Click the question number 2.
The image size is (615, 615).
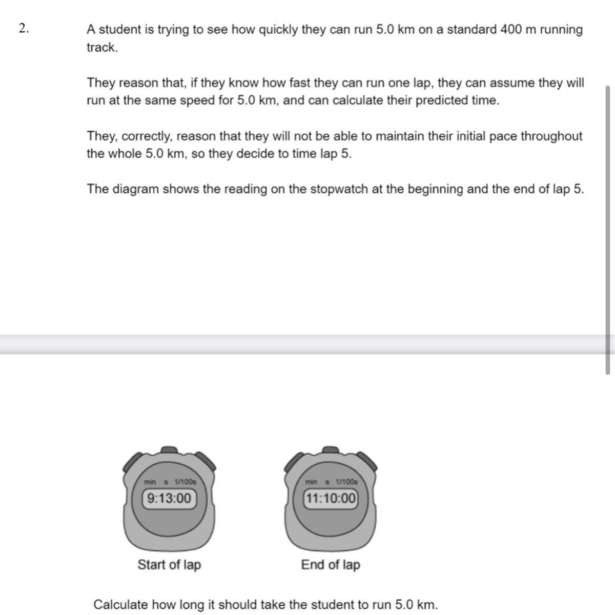click(x=23, y=29)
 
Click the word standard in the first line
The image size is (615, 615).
click(x=471, y=30)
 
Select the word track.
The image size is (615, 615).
click(x=101, y=48)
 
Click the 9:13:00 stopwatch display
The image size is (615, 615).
click(x=169, y=498)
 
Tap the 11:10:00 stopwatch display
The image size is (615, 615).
click(x=331, y=498)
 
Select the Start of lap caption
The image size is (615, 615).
click(x=169, y=565)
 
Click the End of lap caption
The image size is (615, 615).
click(x=331, y=565)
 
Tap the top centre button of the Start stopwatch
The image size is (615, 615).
click(x=169, y=450)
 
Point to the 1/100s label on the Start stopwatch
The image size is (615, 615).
click(x=185, y=482)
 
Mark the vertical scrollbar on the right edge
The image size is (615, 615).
click(x=608, y=231)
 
